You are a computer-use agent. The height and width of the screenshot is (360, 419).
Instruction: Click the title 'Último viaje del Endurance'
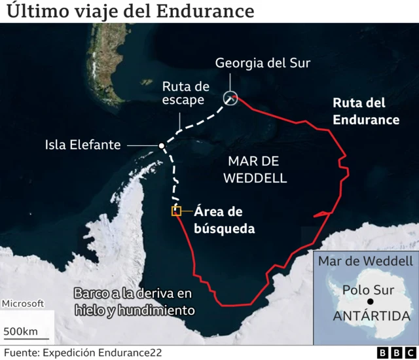(x=129, y=11)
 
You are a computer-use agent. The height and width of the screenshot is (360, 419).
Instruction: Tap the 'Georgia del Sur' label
(x=263, y=63)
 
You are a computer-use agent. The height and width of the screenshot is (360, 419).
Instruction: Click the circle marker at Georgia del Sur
(x=230, y=98)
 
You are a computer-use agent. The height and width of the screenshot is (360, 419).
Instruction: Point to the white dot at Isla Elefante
(x=161, y=145)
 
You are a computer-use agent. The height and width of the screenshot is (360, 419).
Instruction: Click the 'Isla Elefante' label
(x=83, y=145)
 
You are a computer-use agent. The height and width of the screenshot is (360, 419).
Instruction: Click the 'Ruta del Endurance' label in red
(x=366, y=111)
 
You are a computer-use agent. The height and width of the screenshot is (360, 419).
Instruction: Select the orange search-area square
(x=176, y=211)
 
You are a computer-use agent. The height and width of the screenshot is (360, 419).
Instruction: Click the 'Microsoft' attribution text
(x=23, y=304)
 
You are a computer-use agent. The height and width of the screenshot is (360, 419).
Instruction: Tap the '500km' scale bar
(x=22, y=331)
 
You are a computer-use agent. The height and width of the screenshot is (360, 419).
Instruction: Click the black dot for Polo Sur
(x=371, y=301)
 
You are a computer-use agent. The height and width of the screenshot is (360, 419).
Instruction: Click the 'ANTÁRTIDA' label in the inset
(x=371, y=317)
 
